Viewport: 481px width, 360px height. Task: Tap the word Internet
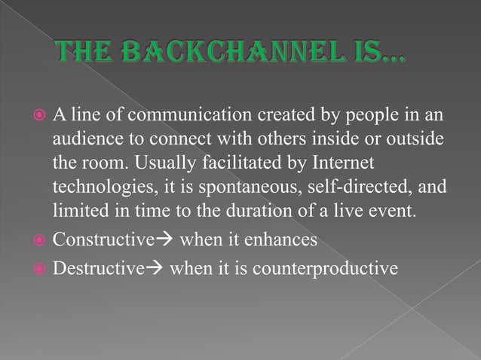tap(343, 163)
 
